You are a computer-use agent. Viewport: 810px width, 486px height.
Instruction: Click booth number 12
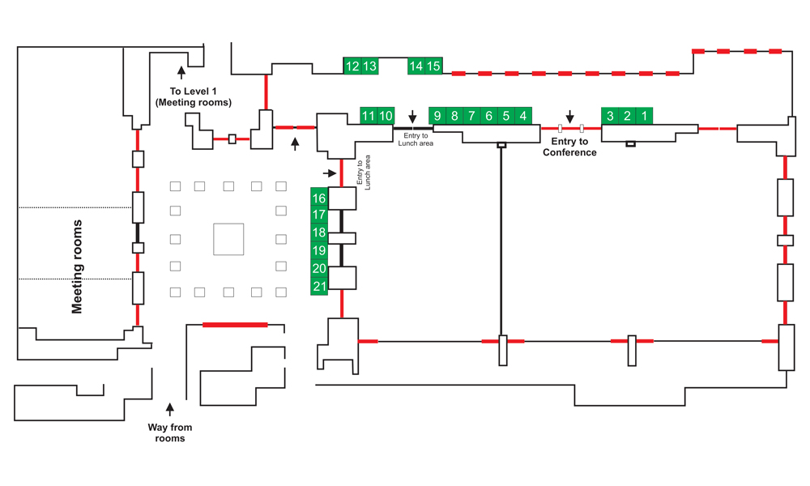tap(352, 66)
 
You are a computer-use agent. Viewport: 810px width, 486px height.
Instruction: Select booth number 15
tap(433, 66)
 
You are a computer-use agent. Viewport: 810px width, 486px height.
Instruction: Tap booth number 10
tap(386, 116)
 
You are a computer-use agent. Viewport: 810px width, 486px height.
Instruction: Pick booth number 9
tap(437, 116)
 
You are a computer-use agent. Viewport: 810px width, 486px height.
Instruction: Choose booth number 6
tap(488, 116)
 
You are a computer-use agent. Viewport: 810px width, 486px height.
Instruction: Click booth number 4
tap(523, 116)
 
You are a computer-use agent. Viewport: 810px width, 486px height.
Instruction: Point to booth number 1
tap(644, 116)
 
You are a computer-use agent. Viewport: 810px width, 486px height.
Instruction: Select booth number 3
tap(610, 116)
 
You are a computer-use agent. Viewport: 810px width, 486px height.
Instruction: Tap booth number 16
tap(319, 198)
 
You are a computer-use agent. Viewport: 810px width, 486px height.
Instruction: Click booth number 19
tap(319, 250)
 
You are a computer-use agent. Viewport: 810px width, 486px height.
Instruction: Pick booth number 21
tap(319, 286)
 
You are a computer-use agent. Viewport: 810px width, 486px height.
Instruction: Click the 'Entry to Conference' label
tap(569, 147)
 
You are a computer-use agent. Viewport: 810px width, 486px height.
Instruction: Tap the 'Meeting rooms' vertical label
tap(77, 266)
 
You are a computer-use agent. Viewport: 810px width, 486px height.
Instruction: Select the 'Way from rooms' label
tap(170, 433)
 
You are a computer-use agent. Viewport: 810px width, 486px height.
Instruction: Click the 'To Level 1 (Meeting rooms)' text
tap(194, 96)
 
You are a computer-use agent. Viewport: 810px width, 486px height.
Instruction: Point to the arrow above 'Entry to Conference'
tap(569, 116)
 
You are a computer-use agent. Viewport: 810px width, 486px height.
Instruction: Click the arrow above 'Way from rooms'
tap(170, 409)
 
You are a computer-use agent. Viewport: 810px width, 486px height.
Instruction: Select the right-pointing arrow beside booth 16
tap(330, 173)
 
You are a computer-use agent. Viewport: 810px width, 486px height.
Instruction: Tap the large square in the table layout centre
tap(229, 239)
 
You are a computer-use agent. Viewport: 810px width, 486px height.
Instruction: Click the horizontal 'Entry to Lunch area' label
tap(416, 139)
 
